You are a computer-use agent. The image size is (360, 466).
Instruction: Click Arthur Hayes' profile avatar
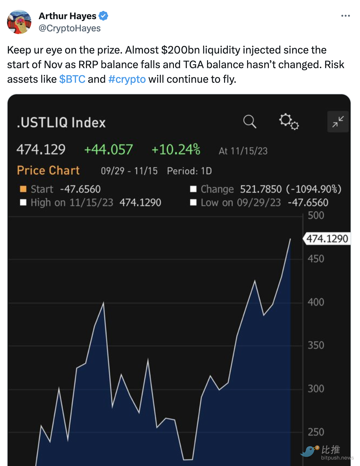click(x=19, y=22)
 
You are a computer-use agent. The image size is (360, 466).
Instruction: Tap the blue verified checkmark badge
click(x=103, y=16)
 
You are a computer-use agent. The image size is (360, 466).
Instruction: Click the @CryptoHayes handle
click(x=70, y=28)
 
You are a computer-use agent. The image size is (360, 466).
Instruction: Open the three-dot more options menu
click(x=345, y=16)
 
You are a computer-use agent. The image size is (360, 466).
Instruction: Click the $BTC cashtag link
click(x=72, y=79)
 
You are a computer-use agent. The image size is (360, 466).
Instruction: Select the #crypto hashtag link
click(x=127, y=79)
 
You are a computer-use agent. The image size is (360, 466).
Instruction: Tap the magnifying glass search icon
click(x=250, y=122)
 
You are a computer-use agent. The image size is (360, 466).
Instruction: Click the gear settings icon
click(x=289, y=122)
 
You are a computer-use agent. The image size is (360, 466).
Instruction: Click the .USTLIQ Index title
click(x=61, y=123)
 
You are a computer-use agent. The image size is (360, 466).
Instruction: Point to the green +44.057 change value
click(x=108, y=150)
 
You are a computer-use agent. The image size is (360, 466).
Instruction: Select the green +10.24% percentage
click(x=176, y=150)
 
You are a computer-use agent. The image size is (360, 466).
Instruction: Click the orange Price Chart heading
click(x=48, y=170)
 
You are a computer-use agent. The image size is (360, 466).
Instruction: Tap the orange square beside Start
click(x=23, y=189)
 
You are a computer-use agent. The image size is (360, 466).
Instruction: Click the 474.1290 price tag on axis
click(x=327, y=239)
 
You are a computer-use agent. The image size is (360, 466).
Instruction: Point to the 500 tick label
click(x=316, y=216)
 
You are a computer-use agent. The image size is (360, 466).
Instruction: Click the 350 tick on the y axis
click(x=316, y=346)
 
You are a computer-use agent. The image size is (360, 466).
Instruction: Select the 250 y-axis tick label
click(x=316, y=432)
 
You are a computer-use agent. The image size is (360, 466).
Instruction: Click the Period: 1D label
click(x=189, y=171)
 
